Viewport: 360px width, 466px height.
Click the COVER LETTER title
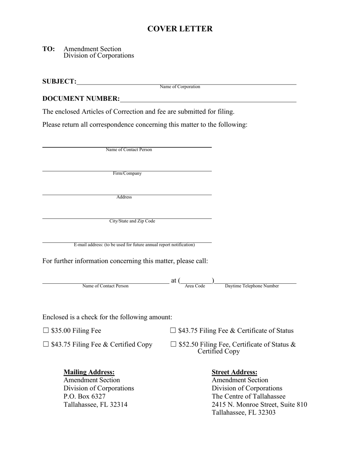(180, 29)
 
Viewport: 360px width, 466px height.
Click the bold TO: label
(49, 49)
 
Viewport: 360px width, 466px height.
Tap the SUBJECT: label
(59, 81)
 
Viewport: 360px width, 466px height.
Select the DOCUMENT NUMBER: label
(81, 99)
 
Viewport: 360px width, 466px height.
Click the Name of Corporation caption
(180, 87)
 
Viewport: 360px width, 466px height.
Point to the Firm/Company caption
(127, 174)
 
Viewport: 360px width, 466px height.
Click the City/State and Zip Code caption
(132, 221)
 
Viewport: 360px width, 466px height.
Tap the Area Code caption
(195, 286)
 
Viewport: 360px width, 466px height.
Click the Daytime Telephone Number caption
(252, 286)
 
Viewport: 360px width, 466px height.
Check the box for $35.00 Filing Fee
(46, 330)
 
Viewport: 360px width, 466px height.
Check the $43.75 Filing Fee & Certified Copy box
(46, 344)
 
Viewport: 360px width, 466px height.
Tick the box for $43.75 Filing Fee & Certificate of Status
(173, 330)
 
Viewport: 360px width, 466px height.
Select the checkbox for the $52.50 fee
(174, 344)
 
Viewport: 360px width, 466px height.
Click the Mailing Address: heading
(89, 372)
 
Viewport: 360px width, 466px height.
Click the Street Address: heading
(235, 372)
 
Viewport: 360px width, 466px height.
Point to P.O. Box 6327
(85, 396)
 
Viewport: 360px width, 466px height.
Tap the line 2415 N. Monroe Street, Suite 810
(260, 405)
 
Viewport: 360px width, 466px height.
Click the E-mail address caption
(135, 245)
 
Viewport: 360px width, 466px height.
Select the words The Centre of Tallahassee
(249, 396)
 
